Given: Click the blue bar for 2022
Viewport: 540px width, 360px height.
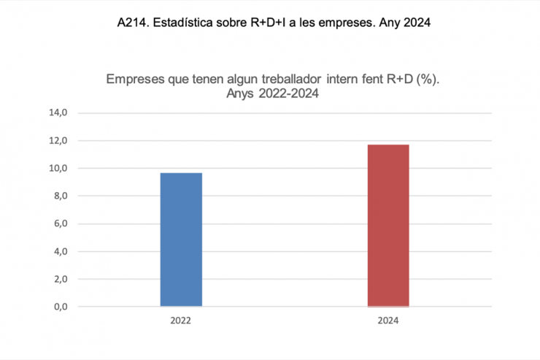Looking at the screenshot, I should tap(181, 240).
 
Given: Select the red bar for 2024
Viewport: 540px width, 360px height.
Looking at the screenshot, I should tap(388, 226).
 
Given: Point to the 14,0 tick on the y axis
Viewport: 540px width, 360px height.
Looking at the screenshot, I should tap(58, 113).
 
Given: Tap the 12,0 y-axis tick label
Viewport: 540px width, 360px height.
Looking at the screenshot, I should tap(58, 141).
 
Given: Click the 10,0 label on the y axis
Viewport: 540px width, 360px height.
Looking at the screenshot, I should tap(58, 169).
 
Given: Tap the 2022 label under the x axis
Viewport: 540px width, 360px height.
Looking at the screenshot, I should tap(181, 321).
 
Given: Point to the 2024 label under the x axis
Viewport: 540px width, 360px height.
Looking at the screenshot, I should tap(388, 321).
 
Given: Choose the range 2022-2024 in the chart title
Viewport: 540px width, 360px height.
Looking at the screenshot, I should tap(289, 93).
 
